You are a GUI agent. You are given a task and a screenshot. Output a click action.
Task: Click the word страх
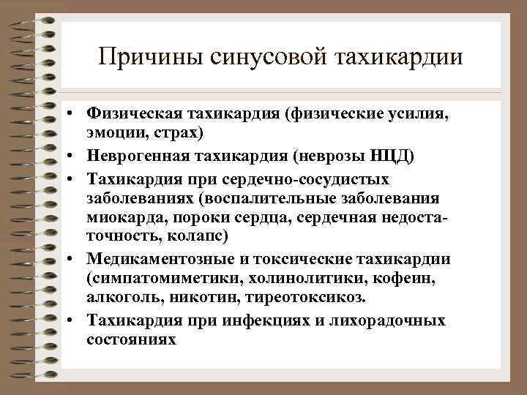[x=173, y=134]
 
